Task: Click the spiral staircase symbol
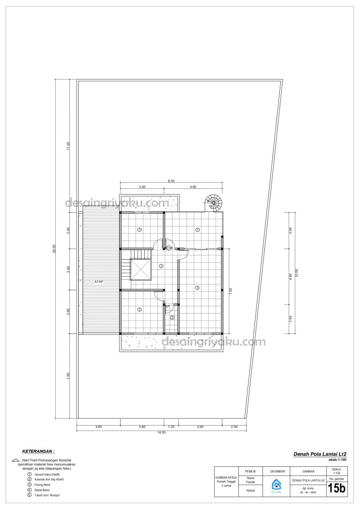(x=214, y=203)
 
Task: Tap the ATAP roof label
(x=98, y=282)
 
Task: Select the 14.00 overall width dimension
(x=161, y=432)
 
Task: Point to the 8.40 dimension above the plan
(x=172, y=180)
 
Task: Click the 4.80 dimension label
(x=193, y=187)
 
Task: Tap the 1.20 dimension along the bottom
(x=171, y=427)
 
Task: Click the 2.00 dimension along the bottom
(x=234, y=427)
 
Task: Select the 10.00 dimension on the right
(x=296, y=273)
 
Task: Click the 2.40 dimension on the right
(x=291, y=319)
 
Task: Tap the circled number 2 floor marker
(x=172, y=318)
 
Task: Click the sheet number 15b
(x=336, y=488)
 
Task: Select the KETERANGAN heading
(x=38, y=451)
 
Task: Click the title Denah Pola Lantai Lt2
(x=320, y=454)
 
